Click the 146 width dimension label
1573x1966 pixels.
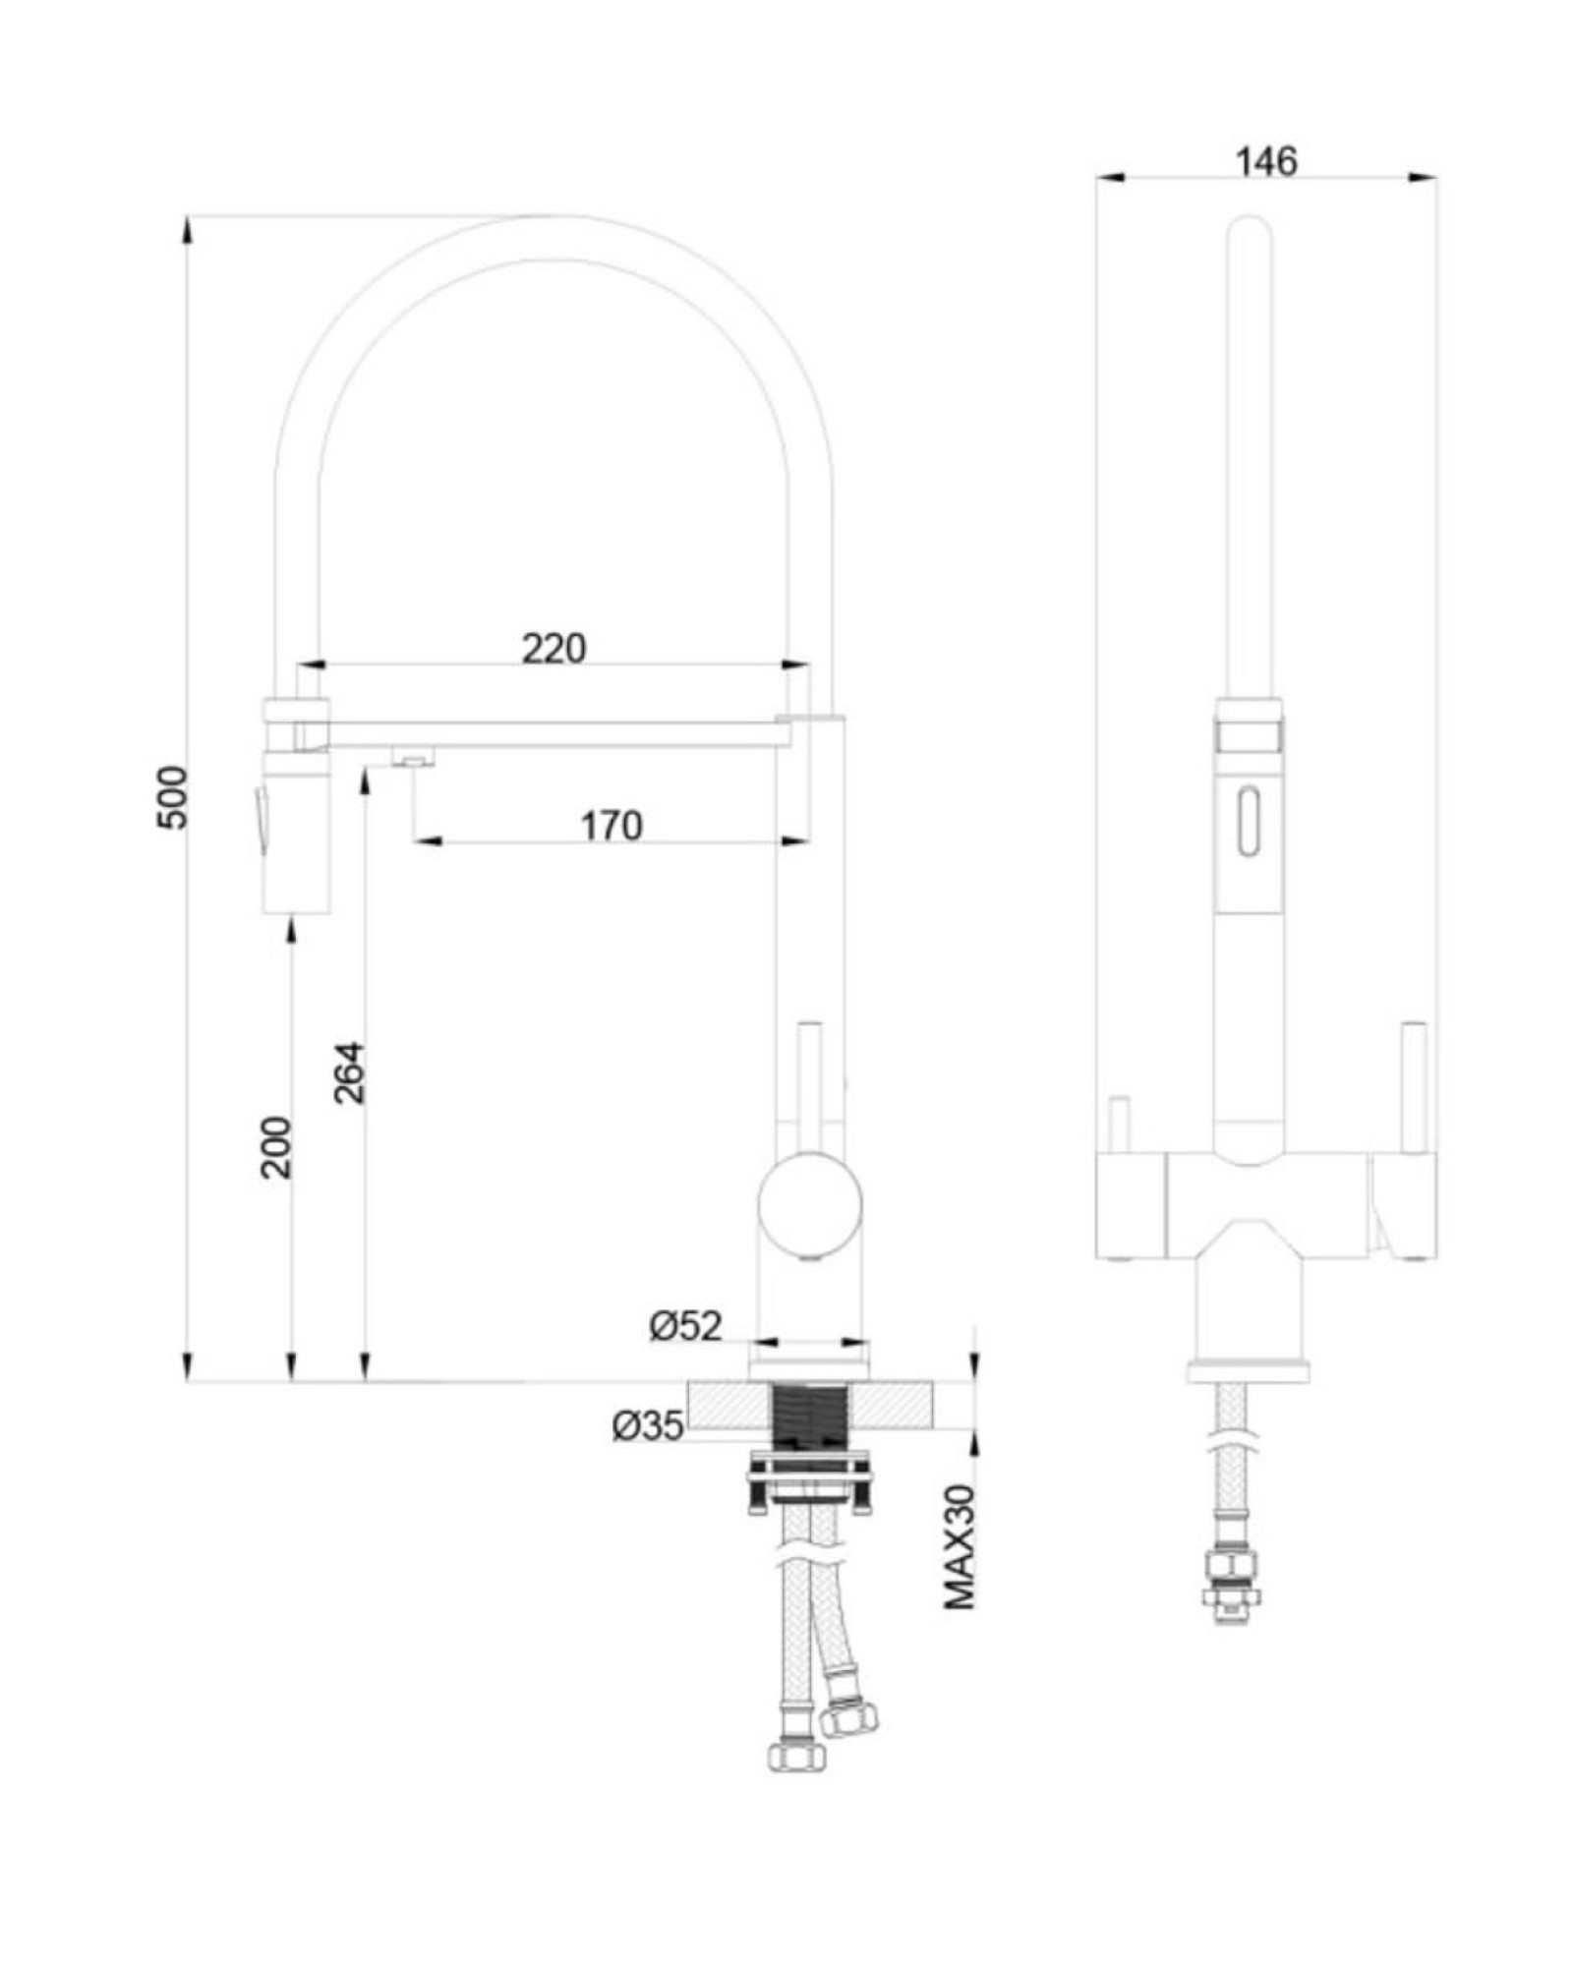pos(1266,161)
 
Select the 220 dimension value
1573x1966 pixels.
pos(553,649)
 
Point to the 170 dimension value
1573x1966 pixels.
pos(611,826)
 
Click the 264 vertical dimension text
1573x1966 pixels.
pos(349,1072)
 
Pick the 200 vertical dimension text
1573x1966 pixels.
pos(276,1147)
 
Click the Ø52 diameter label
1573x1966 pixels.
pos(685,1326)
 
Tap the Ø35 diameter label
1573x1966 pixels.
pos(648,1424)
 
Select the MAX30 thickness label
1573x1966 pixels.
pos(960,1546)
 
